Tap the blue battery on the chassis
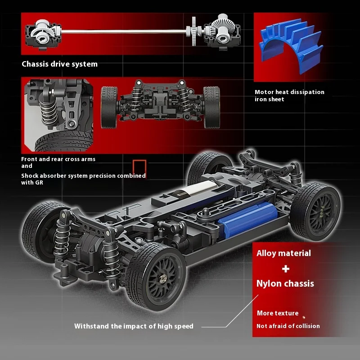247,220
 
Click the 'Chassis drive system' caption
59,64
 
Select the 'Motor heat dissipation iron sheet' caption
289,95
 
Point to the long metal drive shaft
121,31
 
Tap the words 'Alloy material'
283,253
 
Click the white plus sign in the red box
286,269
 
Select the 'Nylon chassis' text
285,283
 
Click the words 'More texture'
278,313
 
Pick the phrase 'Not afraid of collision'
288,326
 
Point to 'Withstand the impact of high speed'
134,326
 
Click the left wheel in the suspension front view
109,107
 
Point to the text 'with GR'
33,183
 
